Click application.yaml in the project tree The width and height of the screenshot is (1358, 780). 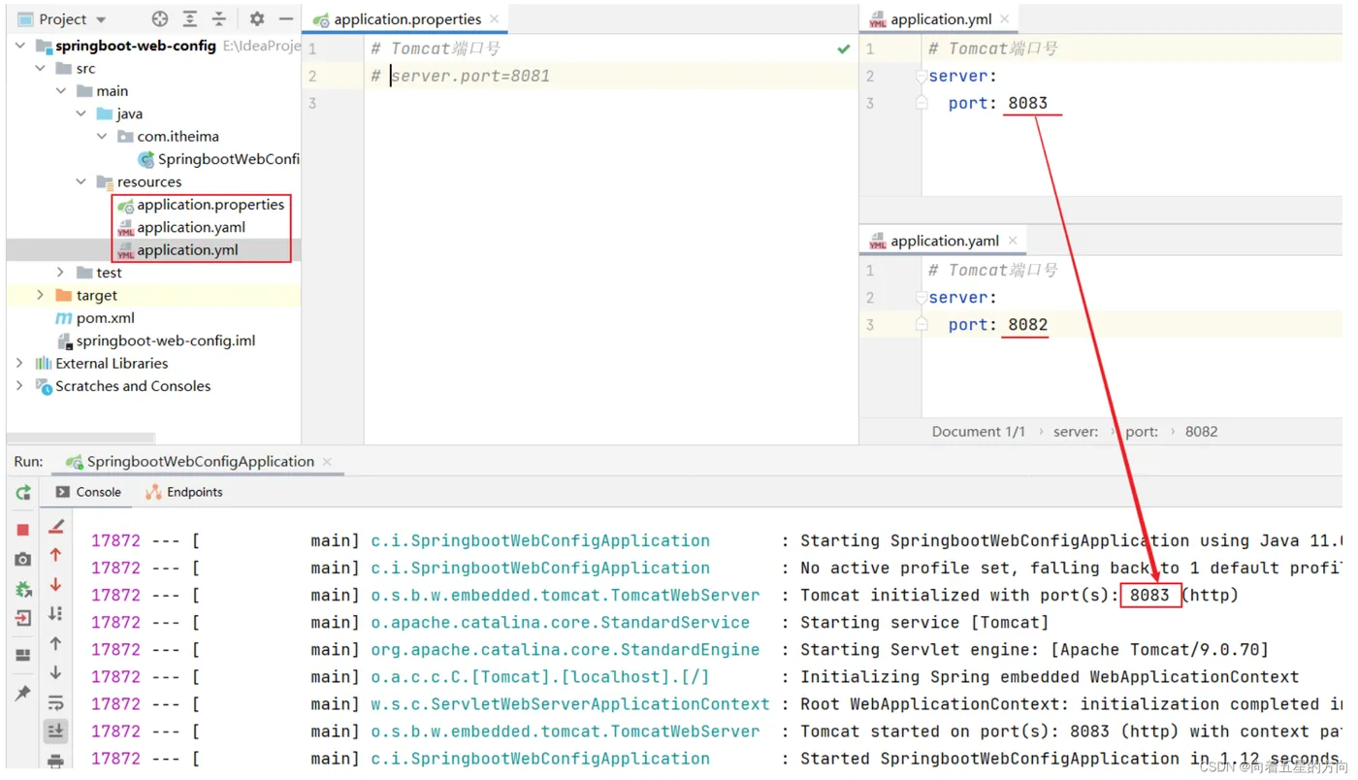click(x=191, y=227)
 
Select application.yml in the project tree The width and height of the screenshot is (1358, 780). click(x=187, y=250)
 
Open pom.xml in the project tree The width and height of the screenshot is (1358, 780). click(x=105, y=318)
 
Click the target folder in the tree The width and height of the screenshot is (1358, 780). click(x=96, y=295)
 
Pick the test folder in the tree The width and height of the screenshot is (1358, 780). click(x=109, y=273)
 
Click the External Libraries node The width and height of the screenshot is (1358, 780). click(x=112, y=363)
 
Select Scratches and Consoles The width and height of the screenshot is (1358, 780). click(x=133, y=386)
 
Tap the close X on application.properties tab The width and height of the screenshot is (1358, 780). click(x=494, y=18)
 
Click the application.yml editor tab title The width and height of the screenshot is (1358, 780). click(x=941, y=19)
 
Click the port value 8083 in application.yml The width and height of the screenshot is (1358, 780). click(x=1027, y=103)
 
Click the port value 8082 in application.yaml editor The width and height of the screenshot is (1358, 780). click(x=1027, y=324)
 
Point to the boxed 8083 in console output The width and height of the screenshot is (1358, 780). click(x=1149, y=595)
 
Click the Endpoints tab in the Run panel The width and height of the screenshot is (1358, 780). click(x=194, y=492)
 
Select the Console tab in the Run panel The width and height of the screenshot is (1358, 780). click(x=98, y=492)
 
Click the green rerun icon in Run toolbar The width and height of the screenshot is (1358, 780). click(x=23, y=493)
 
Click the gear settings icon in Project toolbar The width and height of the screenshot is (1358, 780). click(x=256, y=18)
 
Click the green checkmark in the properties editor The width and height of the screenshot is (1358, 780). click(x=843, y=49)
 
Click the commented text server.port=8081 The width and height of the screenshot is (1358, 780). click(x=470, y=76)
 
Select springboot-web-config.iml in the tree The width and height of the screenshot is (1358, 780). click(x=166, y=341)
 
